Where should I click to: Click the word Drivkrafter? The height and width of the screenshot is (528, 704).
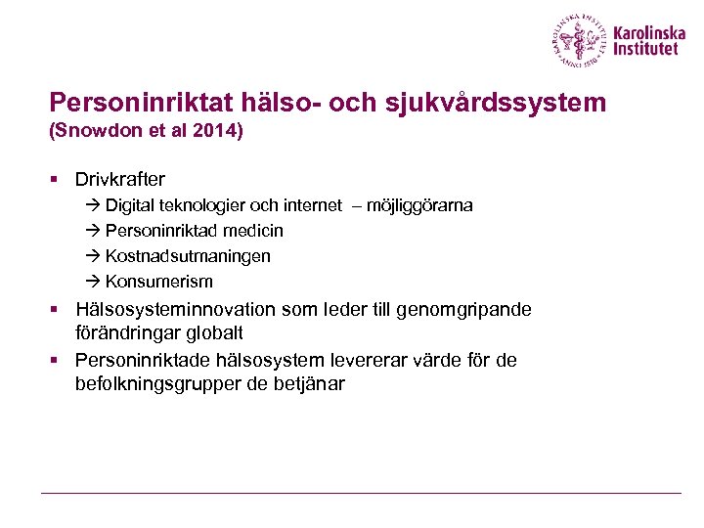click(120, 180)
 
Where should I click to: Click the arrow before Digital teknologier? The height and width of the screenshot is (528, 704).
click(92, 205)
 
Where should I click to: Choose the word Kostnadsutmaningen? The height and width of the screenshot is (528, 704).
click(188, 256)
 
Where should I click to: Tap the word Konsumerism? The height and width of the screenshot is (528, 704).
click(158, 282)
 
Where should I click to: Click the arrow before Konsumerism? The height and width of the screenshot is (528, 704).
click(92, 282)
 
